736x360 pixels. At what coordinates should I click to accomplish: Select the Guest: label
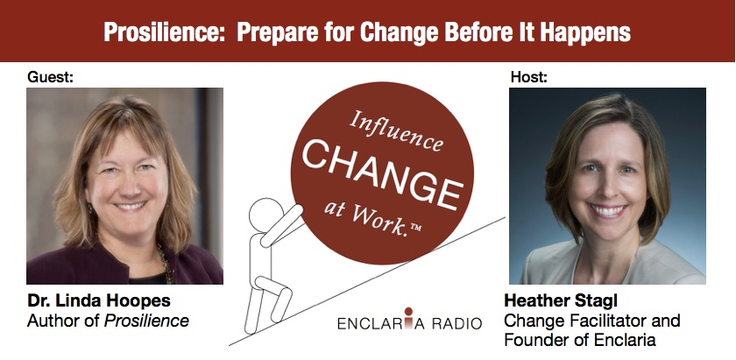click(x=50, y=76)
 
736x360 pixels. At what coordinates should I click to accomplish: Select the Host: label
click(x=529, y=76)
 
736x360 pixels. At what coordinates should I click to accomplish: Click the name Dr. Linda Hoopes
click(x=99, y=300)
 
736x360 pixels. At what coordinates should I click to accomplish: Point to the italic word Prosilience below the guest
click(x=146, y=321)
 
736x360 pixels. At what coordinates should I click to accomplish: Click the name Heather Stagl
click(x=562, y=300)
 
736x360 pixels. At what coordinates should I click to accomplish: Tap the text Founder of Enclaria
click(x=580, y=340)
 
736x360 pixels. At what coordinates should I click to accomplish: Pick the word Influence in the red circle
click(x=395, y=131)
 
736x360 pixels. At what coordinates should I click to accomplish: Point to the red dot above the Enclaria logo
click(x=408, y=311)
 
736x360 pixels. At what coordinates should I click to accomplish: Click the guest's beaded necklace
click(x=166, y=263)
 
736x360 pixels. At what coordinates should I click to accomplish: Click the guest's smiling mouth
click(x=130, y=206)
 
